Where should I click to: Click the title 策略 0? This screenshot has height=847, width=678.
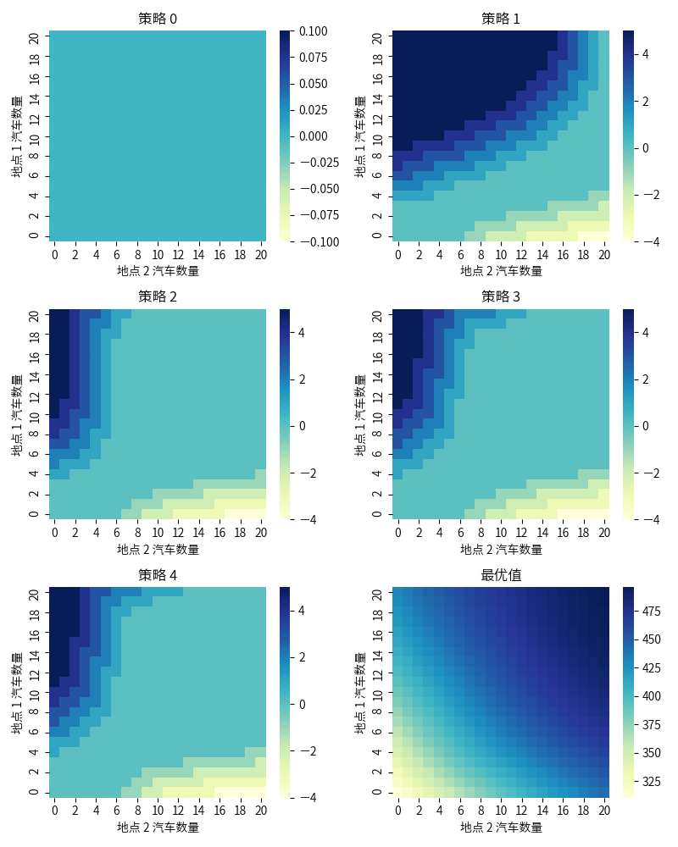tap(158, 19)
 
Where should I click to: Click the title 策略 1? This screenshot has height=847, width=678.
tap(501, 19)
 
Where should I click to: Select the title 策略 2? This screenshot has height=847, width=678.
tap(158, 296)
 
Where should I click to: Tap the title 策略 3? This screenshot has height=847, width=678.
tap(501, 296)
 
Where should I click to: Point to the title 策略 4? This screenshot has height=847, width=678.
tap(158, 575)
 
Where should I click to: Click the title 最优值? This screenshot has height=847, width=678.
tap(501, 575)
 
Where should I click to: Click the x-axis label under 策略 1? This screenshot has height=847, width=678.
tap(501, 271)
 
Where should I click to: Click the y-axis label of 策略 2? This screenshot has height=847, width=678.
tap(17, 414)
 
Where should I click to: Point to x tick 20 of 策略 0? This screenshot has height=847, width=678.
tap(261, 254)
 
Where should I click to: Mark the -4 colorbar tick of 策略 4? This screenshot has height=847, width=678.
tap(302, 797)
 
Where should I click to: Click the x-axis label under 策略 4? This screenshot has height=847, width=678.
tap(158, 828)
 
